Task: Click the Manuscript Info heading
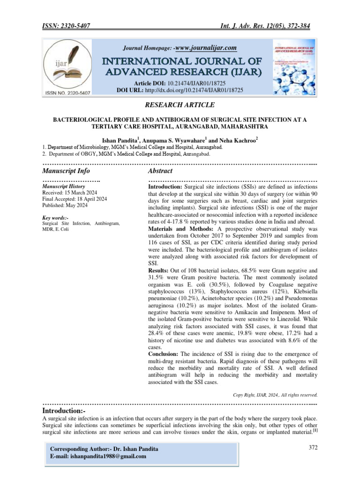point(66,171)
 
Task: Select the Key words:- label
point(55,218)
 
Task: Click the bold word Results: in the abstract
point(160,270)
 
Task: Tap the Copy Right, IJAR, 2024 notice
point(276,395)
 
